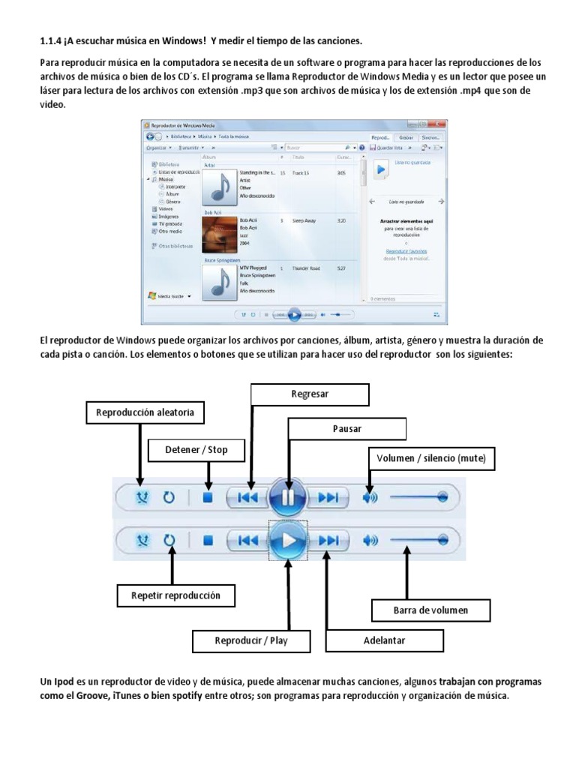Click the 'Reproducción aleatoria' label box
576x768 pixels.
coord(145,412)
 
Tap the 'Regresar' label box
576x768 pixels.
coord(310,394)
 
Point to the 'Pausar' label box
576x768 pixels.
coord(347,429)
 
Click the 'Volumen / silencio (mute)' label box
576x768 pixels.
coord(431,457)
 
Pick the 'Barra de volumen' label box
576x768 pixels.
coord(430,610)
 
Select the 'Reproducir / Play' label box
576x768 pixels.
coord(251,640)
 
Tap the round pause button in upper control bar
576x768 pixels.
coord(287,497)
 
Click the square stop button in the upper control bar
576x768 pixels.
coord(208,497)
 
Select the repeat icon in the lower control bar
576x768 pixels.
coord(169,539)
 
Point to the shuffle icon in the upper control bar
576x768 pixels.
coord(140,497)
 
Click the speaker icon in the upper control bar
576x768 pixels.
coord(370,497)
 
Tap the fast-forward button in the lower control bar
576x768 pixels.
coord(328,539)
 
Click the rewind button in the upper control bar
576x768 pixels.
coord(247,497)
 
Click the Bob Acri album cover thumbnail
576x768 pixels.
coord(220,233)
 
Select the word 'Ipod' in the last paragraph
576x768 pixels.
coord(64,682)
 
